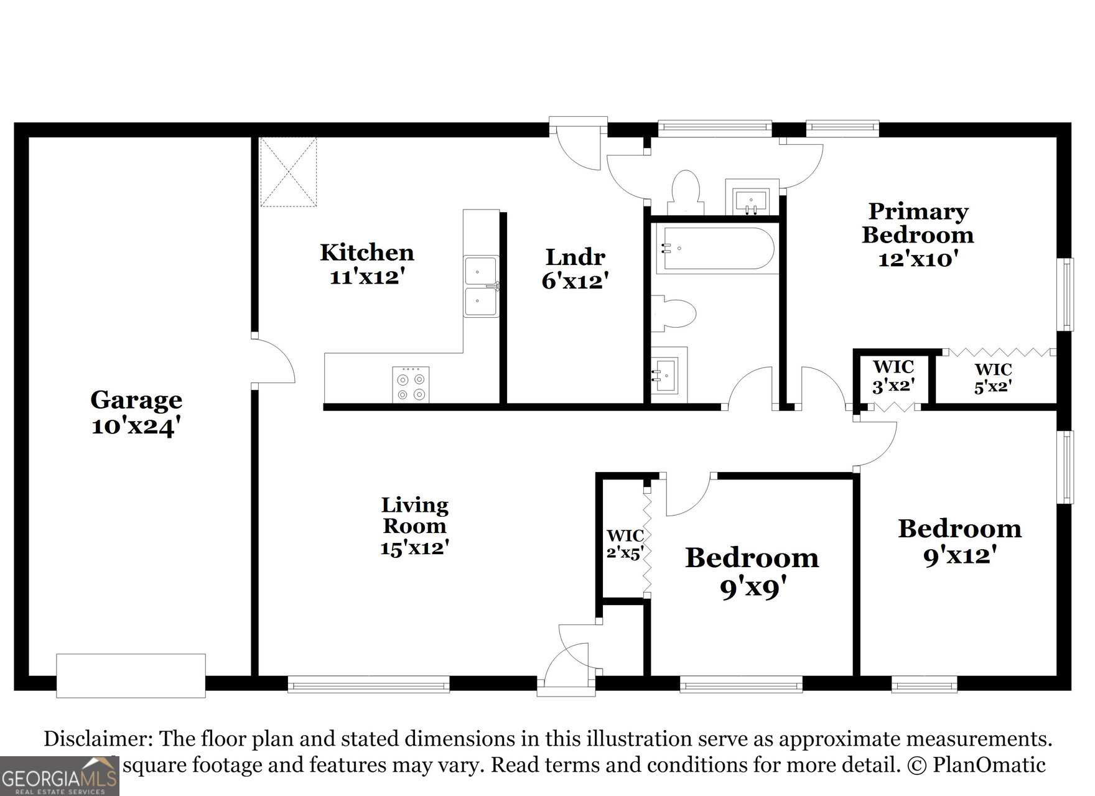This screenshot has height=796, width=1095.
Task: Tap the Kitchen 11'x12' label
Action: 367,264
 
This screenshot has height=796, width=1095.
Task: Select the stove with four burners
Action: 411,385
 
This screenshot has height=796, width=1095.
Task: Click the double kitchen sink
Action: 481,286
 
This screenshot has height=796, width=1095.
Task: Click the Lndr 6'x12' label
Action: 575,269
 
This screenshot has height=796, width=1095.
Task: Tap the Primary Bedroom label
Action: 918,234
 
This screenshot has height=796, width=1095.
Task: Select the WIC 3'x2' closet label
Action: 893,376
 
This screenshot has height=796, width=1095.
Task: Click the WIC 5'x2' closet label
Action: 993,378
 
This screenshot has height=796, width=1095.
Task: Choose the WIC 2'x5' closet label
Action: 624,544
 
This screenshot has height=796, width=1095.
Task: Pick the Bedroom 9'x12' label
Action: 960,541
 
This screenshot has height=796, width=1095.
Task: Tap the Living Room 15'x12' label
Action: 415,526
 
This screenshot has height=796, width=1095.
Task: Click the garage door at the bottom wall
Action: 131,675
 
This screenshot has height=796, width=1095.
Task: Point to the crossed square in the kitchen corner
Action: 288,172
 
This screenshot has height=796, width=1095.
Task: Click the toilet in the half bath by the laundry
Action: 685,192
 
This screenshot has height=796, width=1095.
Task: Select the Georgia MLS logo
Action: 60,777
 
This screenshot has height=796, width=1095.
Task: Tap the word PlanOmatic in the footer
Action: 989,765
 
